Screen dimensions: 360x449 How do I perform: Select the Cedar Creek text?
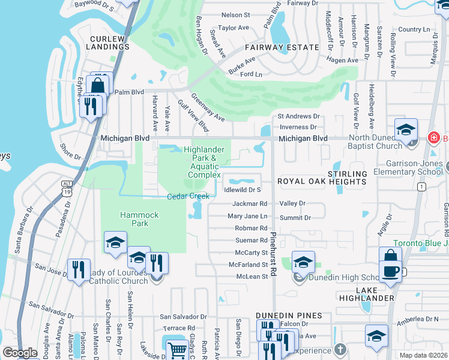(188, 196)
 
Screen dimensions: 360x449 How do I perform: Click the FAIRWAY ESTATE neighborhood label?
(281, 47)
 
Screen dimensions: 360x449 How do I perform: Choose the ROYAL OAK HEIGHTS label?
(321, 181)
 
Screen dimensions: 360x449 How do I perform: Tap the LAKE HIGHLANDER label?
(375, 294)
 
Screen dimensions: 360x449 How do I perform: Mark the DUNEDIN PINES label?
(289, 316)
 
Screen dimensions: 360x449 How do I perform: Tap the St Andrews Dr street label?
(298, 116)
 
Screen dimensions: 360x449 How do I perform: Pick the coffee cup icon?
(390, 271)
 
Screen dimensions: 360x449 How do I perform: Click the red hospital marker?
(433, 139)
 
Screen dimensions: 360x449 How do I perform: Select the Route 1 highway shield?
(423, 187)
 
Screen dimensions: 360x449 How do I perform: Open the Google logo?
(20, 353)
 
